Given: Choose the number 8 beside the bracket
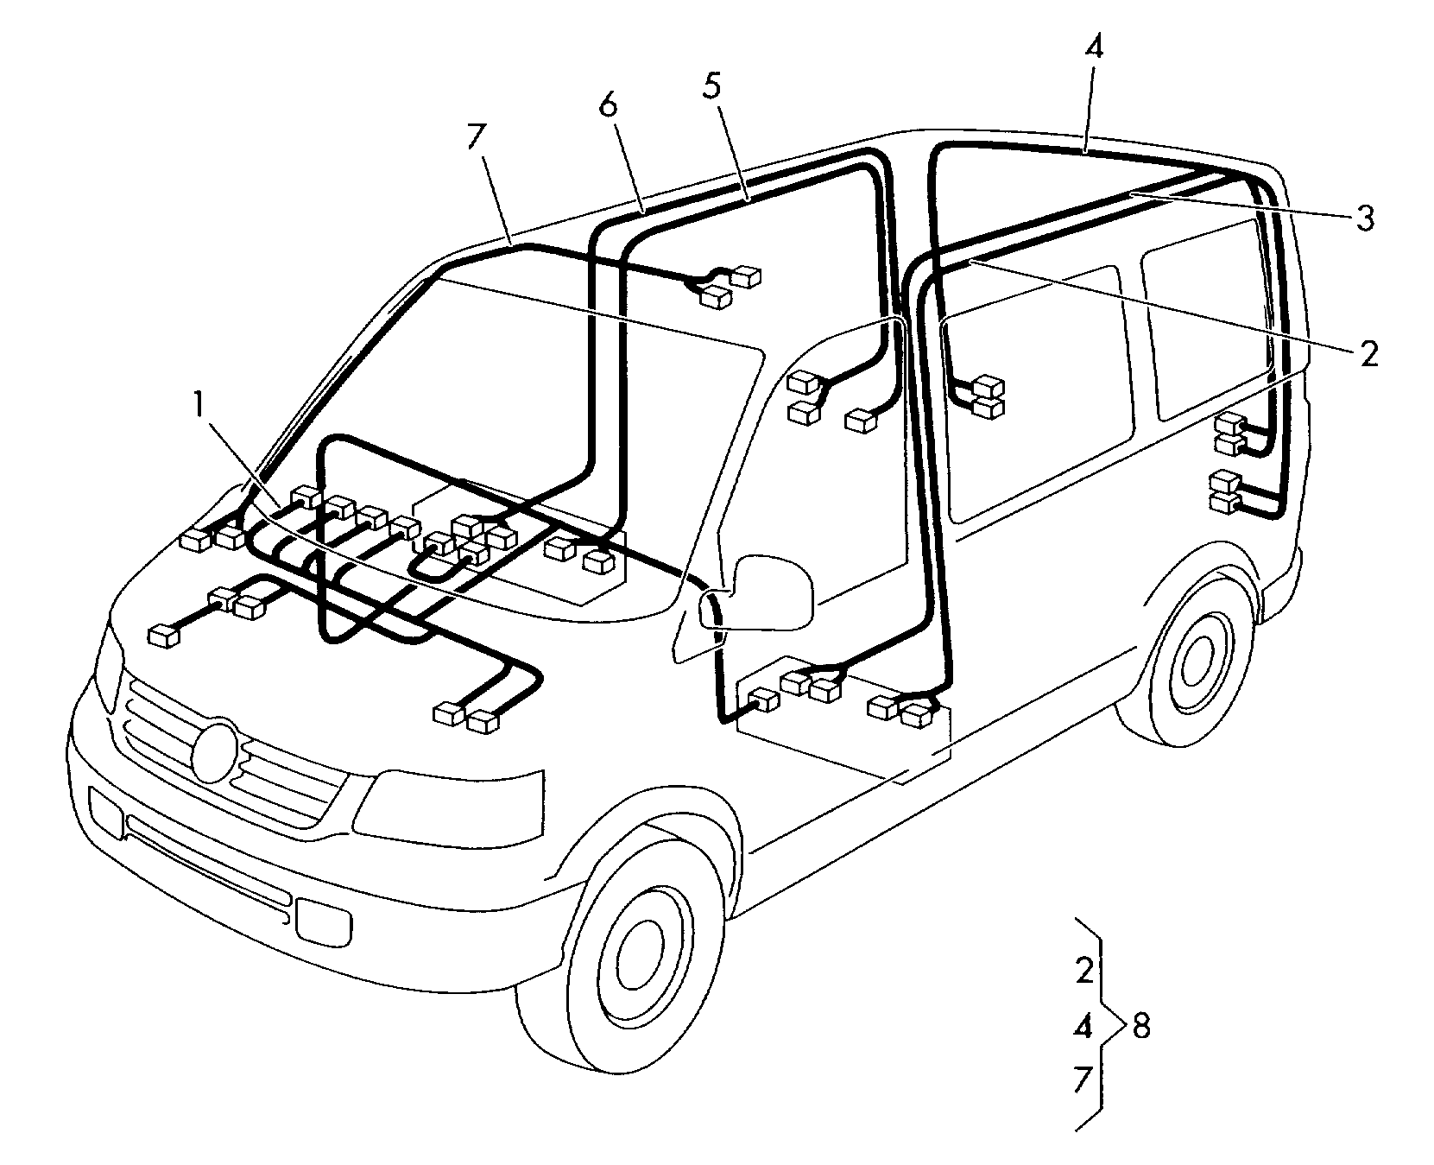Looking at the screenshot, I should [x=1140, y=1027].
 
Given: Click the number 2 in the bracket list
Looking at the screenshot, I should [x=1085, y=970].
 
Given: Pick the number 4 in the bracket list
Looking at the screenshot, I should [x=1084, y=1027].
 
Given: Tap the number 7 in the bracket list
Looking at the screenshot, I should [x=1084, y=1080].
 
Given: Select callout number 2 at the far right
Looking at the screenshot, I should [x=1369, y=354].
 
